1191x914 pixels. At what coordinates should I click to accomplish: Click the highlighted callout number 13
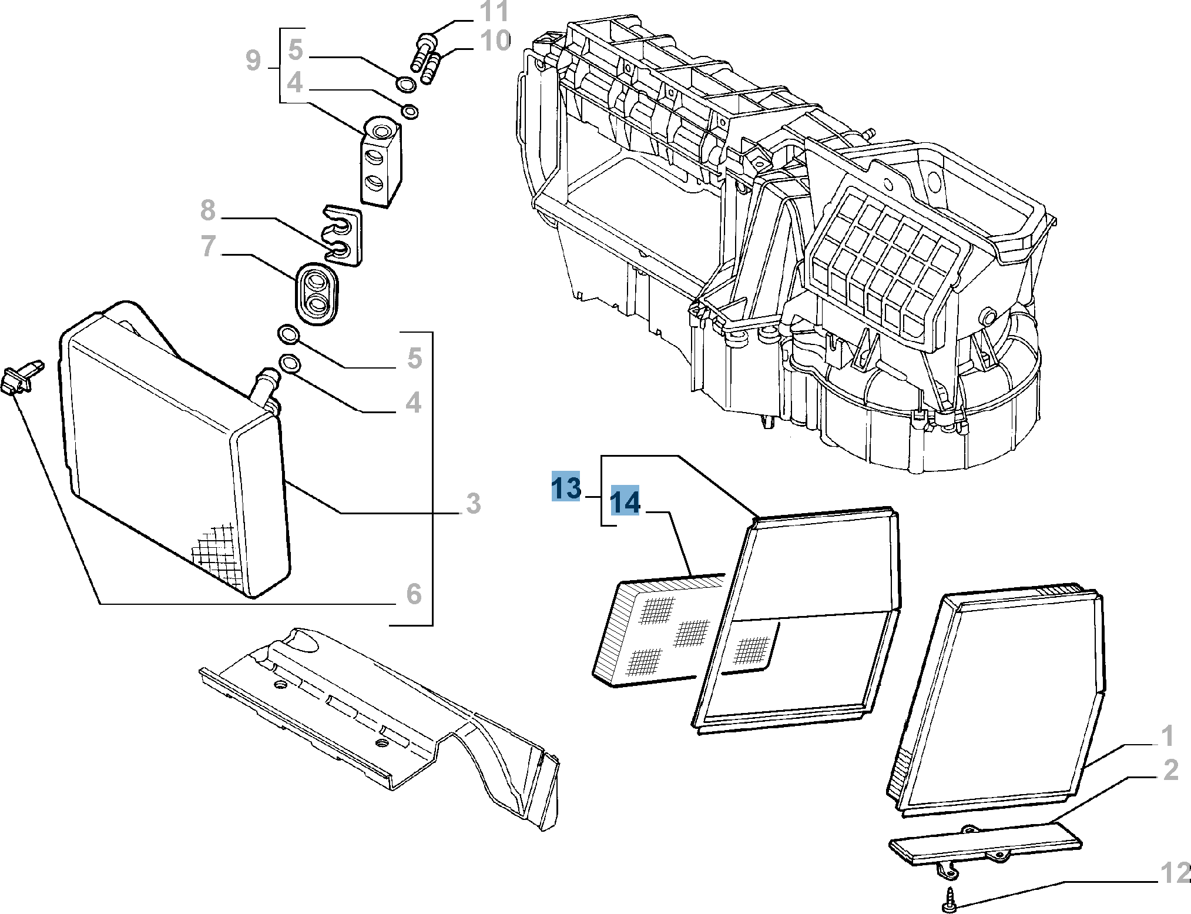point(565,487)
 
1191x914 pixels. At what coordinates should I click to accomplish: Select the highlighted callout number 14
point(625,501)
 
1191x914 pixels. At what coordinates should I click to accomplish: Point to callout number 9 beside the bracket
point(253,61)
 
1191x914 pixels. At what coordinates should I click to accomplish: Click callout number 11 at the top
point(494,12)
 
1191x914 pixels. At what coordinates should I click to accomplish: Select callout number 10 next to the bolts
point(495,41)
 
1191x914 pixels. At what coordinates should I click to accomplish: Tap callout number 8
point(208,210)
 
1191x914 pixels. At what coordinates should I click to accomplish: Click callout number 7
point(208,246)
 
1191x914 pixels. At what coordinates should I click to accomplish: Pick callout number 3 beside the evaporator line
point(473,504)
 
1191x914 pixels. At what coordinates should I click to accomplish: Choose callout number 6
point(414,594)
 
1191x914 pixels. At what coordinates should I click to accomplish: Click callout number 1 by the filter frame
point(1167,736)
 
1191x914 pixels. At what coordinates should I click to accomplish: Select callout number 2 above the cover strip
point(1171,770)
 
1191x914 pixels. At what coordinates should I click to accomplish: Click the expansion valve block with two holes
point(381,162)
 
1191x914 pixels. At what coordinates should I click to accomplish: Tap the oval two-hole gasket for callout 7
point(317,293)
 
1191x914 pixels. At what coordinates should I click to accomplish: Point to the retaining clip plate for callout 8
point(343,235)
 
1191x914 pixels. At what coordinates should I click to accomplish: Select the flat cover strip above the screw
point(985,843)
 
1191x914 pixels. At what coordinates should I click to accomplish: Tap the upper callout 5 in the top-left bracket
point(296,50)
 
